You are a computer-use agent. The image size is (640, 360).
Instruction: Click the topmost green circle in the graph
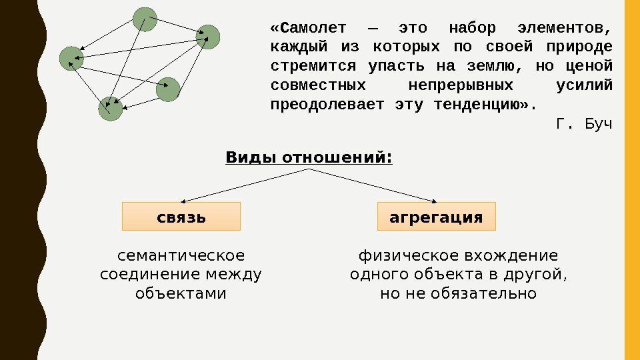pyautogui.click(x=145, y=19)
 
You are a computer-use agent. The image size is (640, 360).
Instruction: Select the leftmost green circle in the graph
pyautogui.click(x=71, y=59)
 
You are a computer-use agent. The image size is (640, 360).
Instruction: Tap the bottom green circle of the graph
pyautogui.click(x=111, y=109)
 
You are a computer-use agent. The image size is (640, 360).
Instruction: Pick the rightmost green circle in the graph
pyautogui.click(x=208, y=37)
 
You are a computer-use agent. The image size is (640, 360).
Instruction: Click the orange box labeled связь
pyautogui.click(x=181, y=217)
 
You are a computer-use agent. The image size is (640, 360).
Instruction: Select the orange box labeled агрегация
pyautogui.click(x=436, y=217)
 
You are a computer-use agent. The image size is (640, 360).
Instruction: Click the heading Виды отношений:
pyautogui.click(x=309, y=158)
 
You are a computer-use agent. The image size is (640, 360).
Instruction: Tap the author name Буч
pyautogui.click(x=597, y=124)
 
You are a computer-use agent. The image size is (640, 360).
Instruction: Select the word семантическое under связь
pyautogui.click(x=181, y=256)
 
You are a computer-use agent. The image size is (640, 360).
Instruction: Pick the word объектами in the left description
pyautogui.click(x=181, y=293)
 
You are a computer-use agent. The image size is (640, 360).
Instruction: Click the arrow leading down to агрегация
pyautogui.click(x=373, y=185)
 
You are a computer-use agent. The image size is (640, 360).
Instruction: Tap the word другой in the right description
pyautogui.click(x=541, y=275)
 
